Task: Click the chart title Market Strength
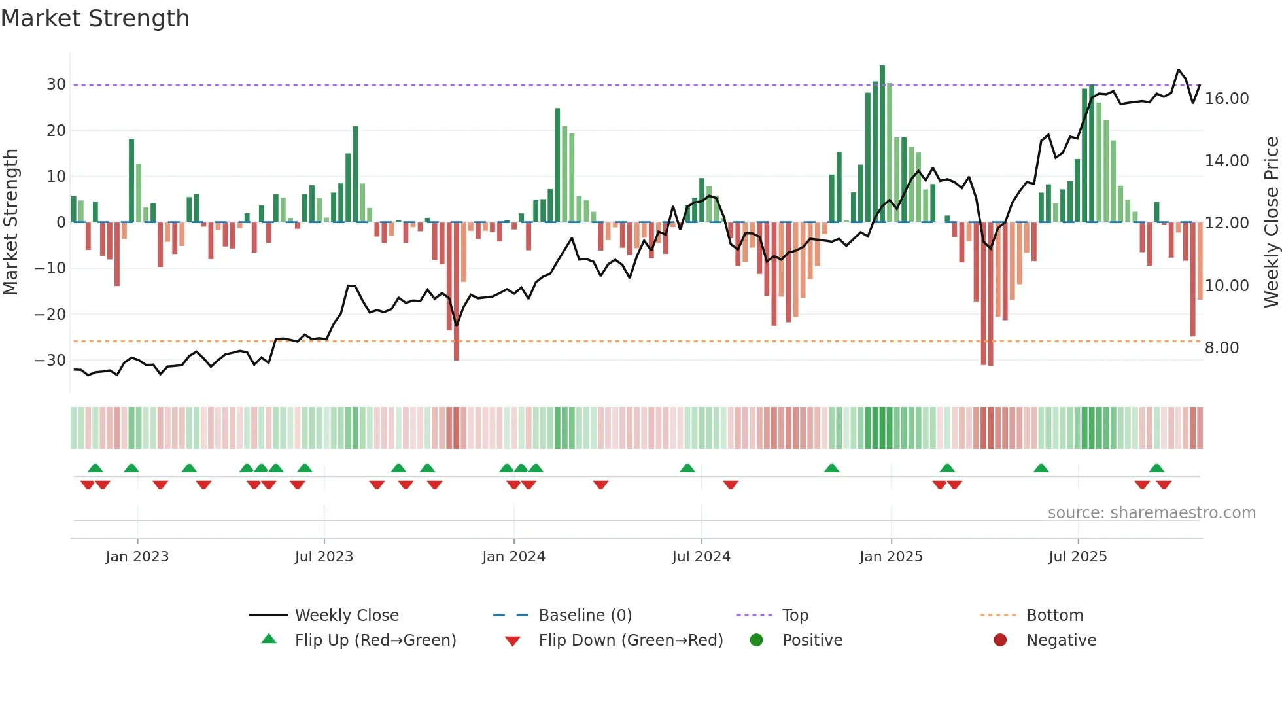(x=95, y=18)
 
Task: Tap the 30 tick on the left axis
(x=56, y=84)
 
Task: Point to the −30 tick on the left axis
(x=50, y=360)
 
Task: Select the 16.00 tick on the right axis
(x=1226, y=99)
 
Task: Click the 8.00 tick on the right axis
(x=1221, y=348)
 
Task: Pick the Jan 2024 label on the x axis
(x=513, y=557)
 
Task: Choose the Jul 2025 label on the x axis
(x=1077, y=557)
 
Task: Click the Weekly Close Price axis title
(x=1271, y=222)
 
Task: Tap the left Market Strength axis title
(x=11, y=222)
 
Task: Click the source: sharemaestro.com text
(x=1151, y=513)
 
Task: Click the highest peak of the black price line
(x=1179, y=70)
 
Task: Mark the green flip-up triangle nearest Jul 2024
(x=687, y=468)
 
